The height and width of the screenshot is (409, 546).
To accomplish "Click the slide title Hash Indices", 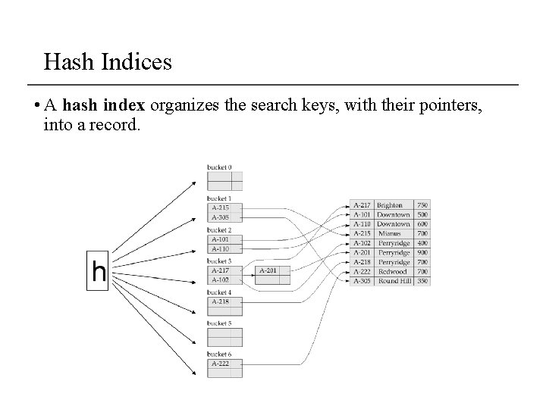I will click(x=108, y=61).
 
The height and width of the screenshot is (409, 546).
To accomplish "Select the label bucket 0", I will click(x=220, y=167).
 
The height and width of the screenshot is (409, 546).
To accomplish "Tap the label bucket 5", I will click(x=220, y=323).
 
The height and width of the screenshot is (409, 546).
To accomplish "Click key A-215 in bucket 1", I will click(x=220, y=208).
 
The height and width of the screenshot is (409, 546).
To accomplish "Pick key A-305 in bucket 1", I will click(x=220, y=217).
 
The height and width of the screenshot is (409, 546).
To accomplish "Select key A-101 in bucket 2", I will click(x=220, y=239).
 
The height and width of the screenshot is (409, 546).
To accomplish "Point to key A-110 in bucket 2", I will click(x=220, y=248).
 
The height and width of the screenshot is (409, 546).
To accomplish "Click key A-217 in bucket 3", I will click(x=220, y=270).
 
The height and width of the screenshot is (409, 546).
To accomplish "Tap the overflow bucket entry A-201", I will click(x=268, y=270).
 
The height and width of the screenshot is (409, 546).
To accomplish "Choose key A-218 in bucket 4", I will click(x=220, y=301).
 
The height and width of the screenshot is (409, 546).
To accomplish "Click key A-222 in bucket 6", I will click(x=220, y=364).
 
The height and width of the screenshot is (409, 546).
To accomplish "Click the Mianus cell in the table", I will click(x=391, y=233).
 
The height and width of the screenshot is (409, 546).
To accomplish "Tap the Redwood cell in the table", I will click(x=392, y=271).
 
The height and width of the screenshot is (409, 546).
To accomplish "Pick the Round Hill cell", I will click(x=394, y=281).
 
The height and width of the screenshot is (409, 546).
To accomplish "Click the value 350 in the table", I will click(x=422, y=281).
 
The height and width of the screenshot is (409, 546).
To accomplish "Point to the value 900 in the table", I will click(x=422, y=252).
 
